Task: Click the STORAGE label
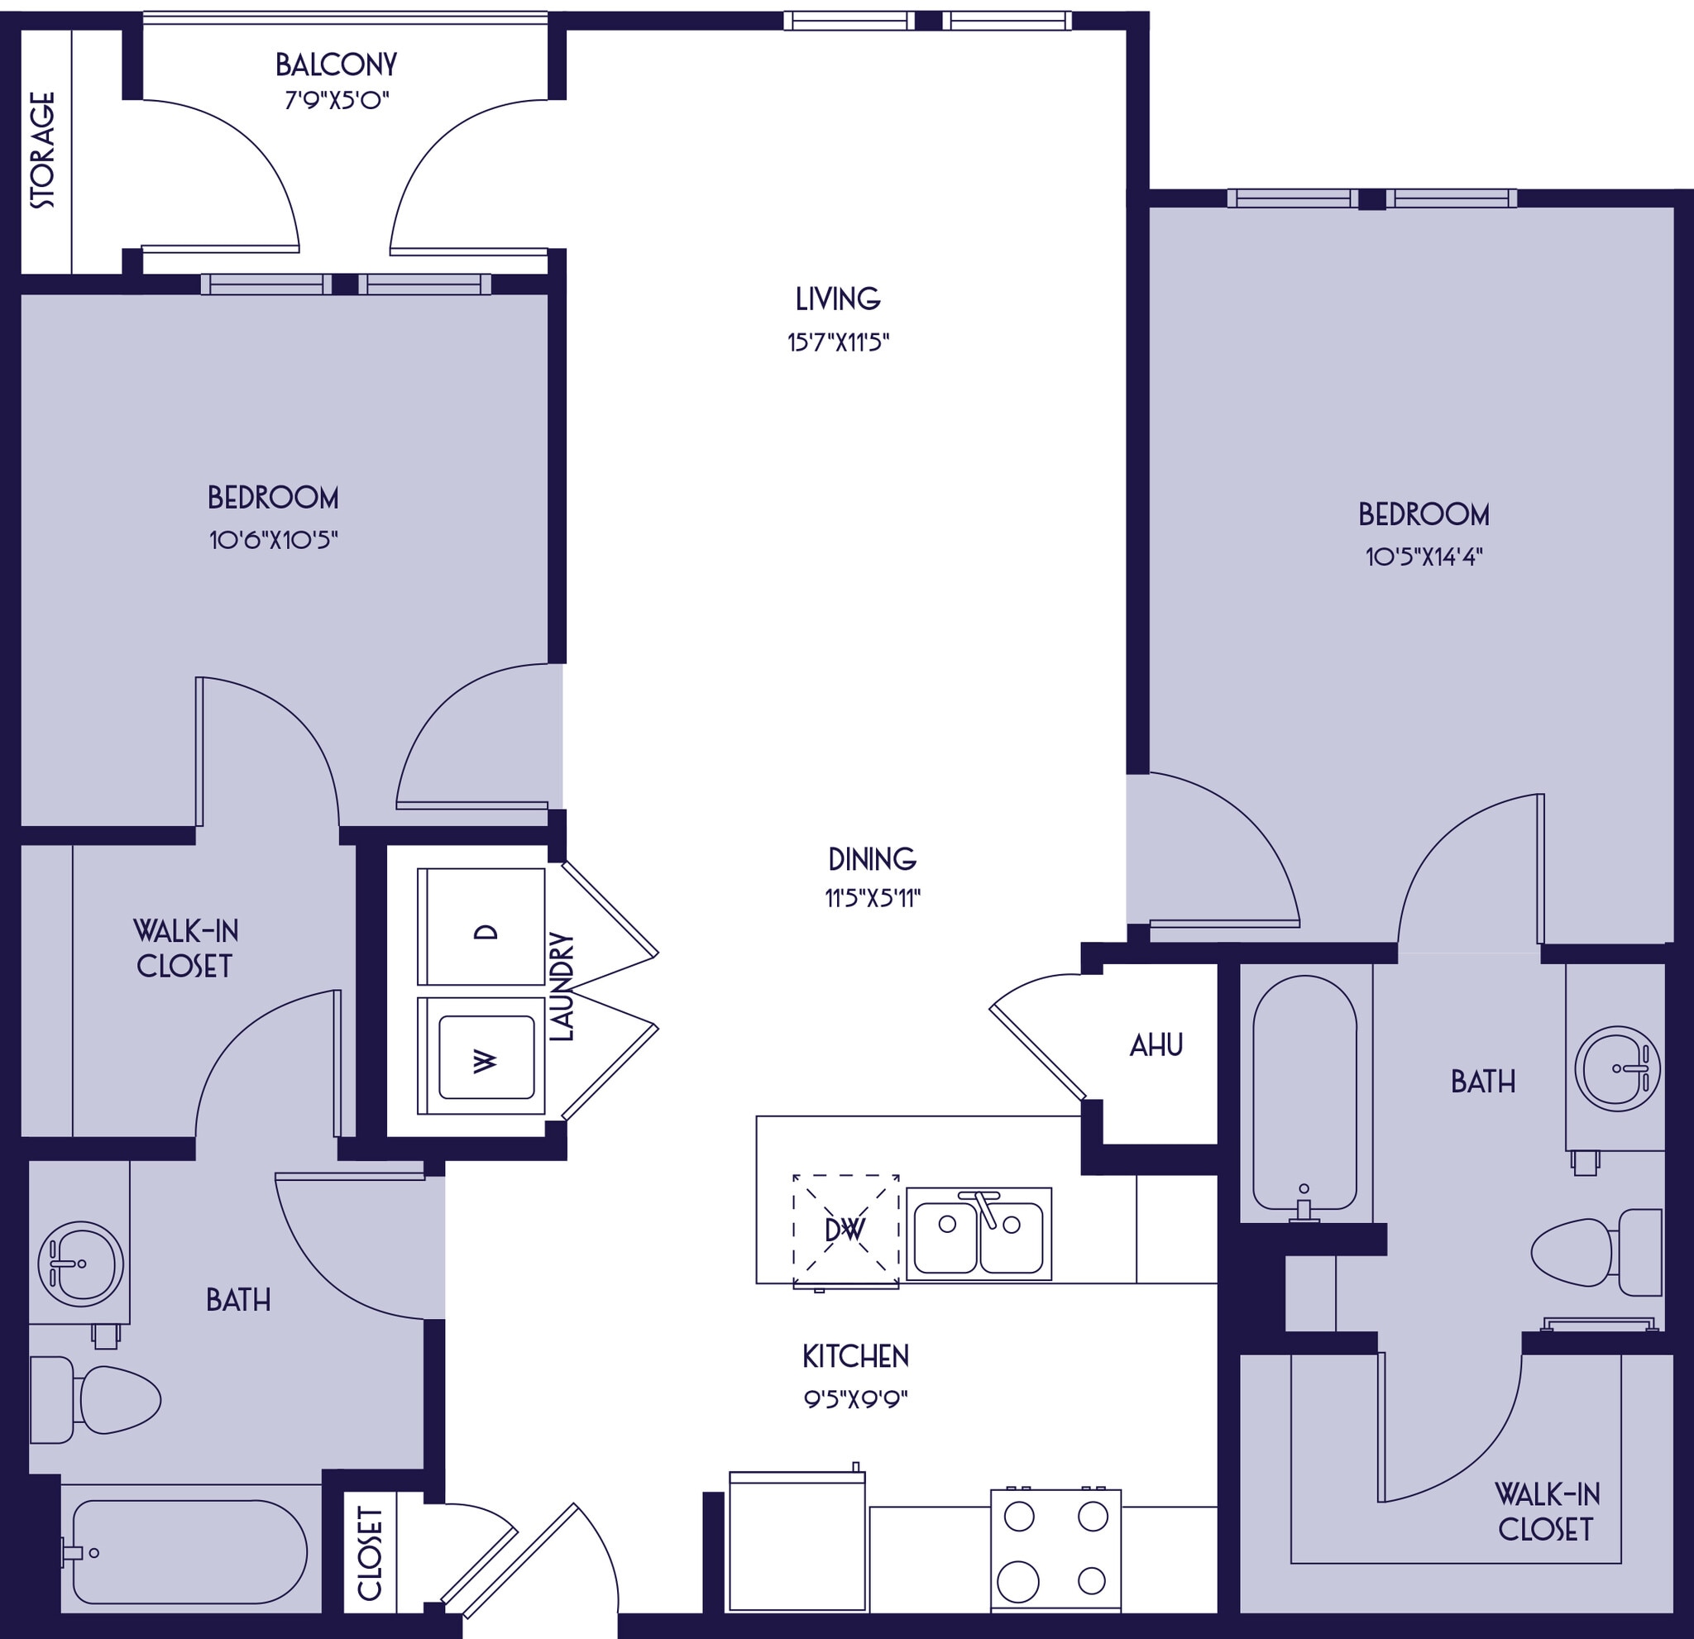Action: [x=42, y=151]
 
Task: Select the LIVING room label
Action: [x=838, y=299]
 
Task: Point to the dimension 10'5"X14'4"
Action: [x=1424, y=557]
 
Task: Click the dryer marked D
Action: [x=481, y=926]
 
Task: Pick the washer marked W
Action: [x=481, y=1056]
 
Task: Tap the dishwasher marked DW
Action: [x=845, y=1230]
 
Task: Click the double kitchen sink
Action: [x=979, y=1234]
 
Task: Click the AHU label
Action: [x=1156, y=1045]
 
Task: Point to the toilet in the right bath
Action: [x=1596, y=1253]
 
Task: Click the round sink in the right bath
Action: [x=1616, y=1068]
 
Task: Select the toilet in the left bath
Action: [x=95, y=1400]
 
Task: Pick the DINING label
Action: [x=871, y=859]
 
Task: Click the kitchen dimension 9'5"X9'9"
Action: [x=854, y=1399]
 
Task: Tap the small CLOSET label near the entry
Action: [x=370, y=1553]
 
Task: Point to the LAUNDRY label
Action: [x=562, y=987]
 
